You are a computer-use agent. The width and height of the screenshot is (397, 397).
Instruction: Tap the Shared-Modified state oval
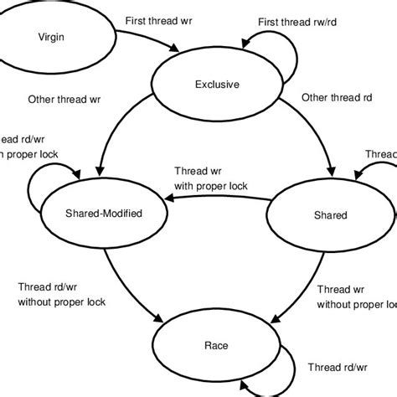coord(103,214)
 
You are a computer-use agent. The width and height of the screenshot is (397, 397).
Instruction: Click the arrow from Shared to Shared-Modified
coord(218,199)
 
